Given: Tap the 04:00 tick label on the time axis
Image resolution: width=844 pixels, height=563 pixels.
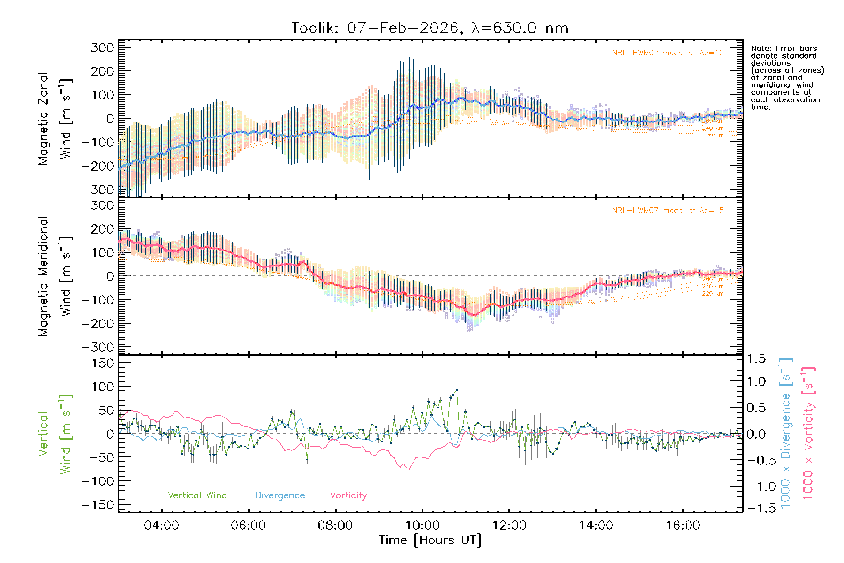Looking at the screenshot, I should coord(161,525).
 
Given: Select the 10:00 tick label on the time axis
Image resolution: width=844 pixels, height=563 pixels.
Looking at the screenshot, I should coord(422,525).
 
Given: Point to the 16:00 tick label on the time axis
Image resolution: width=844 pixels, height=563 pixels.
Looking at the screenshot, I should coord(683,525).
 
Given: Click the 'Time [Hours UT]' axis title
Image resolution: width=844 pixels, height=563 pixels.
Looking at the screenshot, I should coord(430,540).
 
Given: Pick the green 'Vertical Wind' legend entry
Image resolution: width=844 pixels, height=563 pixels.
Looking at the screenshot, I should coord(197,495).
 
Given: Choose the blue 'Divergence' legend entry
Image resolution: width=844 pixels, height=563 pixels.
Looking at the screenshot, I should coord(280,495).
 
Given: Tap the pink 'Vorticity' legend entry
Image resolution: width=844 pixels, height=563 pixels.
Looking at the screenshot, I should coord(348,495).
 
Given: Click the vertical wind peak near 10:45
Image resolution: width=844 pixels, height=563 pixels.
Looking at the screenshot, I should coord(456,390).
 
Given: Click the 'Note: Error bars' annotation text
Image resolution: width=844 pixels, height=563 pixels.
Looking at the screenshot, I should coord(784,48).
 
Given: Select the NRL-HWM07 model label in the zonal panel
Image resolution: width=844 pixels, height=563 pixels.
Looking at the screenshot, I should coord(668,53).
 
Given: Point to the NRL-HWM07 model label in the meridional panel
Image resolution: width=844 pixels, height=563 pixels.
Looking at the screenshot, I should coord(668,211).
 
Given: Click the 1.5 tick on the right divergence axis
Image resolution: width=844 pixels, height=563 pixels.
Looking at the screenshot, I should coord(756,359).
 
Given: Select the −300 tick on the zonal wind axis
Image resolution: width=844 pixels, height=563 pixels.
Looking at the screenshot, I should coord(97,190).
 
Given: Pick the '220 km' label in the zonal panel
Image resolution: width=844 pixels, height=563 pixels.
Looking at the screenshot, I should coord(713,135).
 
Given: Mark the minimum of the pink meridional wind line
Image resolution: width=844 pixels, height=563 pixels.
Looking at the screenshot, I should coord(474,315).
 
